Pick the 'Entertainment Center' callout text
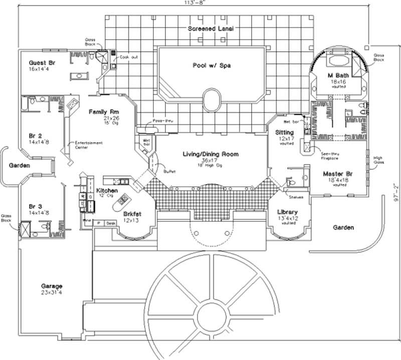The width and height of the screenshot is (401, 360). click(89, 145)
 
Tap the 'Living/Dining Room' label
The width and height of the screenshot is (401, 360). click(210, 154)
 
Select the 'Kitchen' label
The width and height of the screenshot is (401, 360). click(107, 191)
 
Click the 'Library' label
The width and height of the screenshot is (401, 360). click(288, 212)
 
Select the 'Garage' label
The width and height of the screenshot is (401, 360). click(51, 286)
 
